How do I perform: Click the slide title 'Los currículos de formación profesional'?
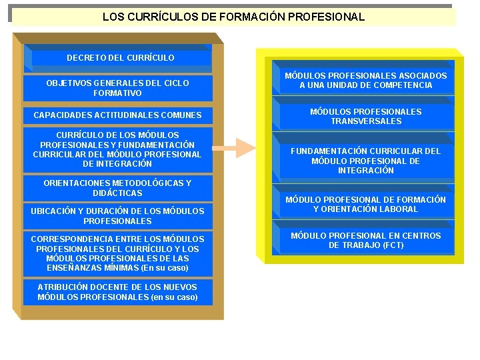pyautogui.click(x=233, y=17)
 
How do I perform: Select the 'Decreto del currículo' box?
pyautogui.click(x=121, y=58)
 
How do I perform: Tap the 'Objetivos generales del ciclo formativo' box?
pyautogui.click(x=117, y=88)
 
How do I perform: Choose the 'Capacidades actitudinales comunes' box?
pyautogui.click(x=117, y=115)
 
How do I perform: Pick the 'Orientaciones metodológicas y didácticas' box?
pyautogui.click(x=117, y=188)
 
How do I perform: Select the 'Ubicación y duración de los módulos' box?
pyautogui.click(x=117, y=215)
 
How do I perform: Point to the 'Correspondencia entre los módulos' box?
pyautogui.click(x=117, y=253)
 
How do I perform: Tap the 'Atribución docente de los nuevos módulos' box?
pyautogui.click(x=117, y=292)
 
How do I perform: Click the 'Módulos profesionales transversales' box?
pyautogui.click(x=365, y=117)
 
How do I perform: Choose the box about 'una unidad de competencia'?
pyautogui.click(x=365, y=81)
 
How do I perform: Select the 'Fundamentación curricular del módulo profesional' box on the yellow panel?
pyautogui.click(x=365, y=161)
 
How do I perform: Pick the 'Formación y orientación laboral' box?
pyautogui.click(x=365, y=204)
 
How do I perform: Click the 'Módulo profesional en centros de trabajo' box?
pyautogui.click(x=365, y=240)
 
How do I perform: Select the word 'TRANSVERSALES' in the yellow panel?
pyautogui.click(x=366, y=121)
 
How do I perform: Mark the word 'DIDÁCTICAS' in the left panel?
pyautogui.click(x=117, y=193)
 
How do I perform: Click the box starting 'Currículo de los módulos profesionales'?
pyautogui.click(x=117, y=149)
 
